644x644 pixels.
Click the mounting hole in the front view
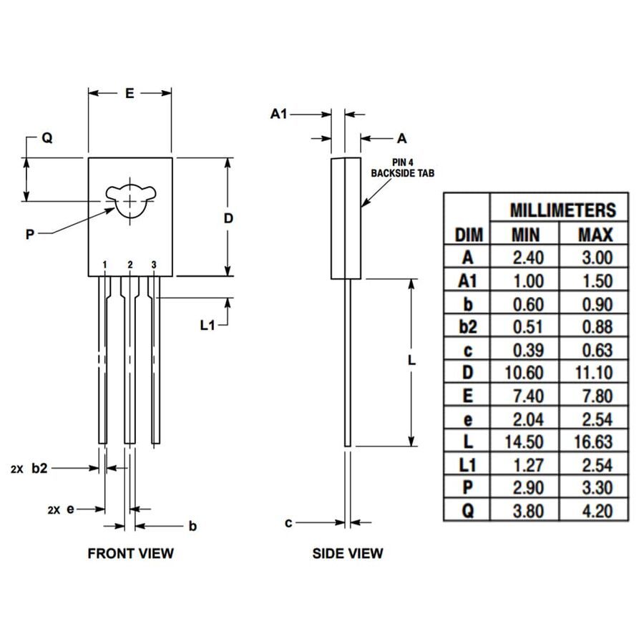(130, 200)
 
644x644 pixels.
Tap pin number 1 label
(104, 265)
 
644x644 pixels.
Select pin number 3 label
(154, 265)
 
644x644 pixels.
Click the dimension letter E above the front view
(129, 93)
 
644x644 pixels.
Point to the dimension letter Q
(47, 138)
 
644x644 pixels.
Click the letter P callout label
(30, 234)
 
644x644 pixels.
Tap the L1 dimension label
(208, 326)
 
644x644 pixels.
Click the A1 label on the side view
(279, 114)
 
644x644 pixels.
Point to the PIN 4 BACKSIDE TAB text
(403, 168)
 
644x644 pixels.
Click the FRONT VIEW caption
(130, 553)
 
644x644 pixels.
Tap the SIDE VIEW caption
(348, 553)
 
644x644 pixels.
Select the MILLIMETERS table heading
(562, 210)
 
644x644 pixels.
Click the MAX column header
(595, 234)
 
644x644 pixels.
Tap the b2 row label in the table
(467, 326)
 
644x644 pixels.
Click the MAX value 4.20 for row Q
(595, 511)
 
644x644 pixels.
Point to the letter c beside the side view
(288, 523)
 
